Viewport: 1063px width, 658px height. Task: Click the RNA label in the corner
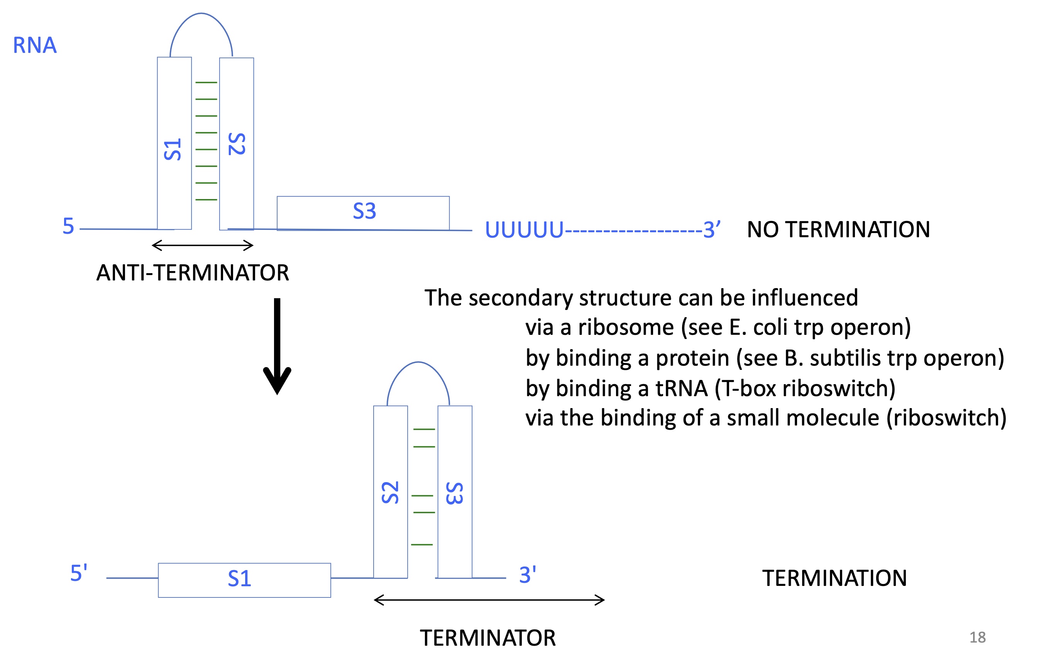point(35,45)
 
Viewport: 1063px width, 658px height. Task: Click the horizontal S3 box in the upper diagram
point(363,212)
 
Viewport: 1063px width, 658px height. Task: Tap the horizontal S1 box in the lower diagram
point(244,580)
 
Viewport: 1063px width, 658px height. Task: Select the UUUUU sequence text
point(524,230)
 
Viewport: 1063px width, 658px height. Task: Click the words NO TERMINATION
point(838,230)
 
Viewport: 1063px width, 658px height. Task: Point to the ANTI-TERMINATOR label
point(193,273)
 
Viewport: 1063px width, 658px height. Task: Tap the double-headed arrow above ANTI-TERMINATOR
point(203,245)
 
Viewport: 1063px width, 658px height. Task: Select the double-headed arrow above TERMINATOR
point(489,600)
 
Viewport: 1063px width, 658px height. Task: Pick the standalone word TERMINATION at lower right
point(834,579)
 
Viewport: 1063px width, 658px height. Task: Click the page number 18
point(977,638)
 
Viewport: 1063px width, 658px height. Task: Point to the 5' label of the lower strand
point(79,573)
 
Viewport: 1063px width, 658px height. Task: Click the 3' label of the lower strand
point(527,575)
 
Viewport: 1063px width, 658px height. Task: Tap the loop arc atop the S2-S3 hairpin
point(418,363)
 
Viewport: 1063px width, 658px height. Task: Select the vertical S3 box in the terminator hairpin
point(454,492)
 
